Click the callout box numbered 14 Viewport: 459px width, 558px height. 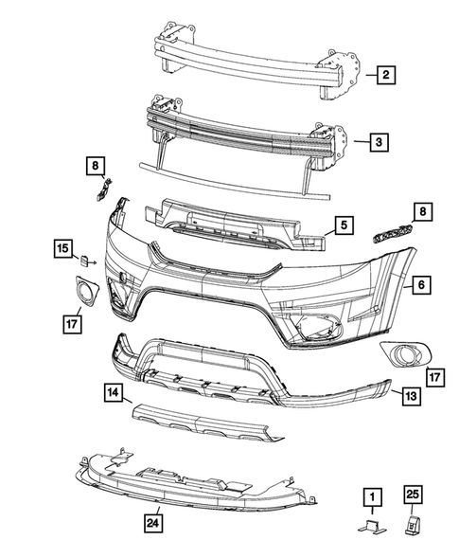113,391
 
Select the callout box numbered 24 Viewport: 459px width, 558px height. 152,521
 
